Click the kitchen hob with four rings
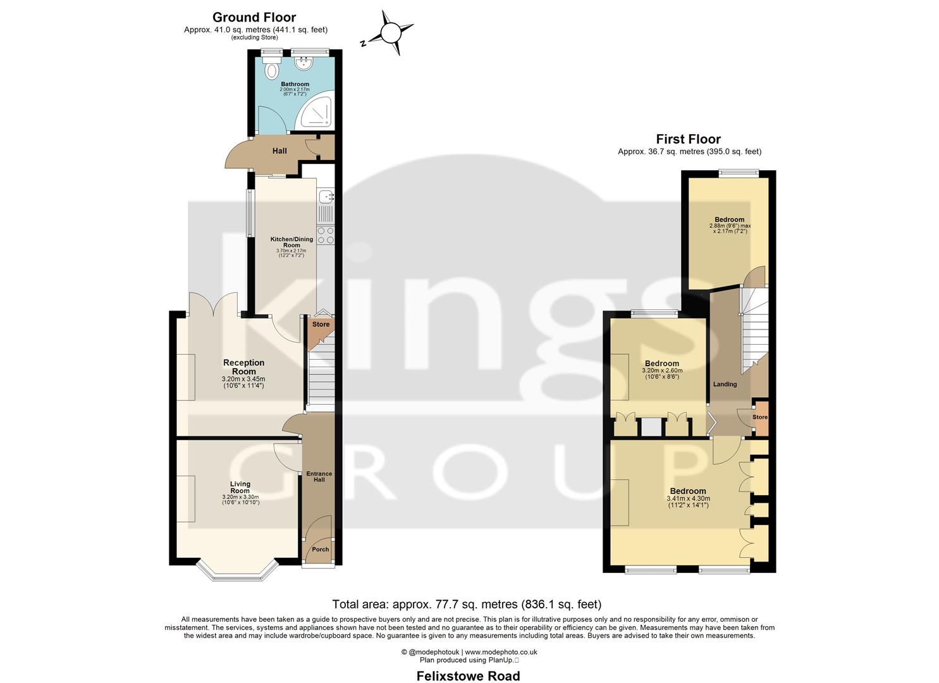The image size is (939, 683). tap(326, 235)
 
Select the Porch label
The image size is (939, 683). tap(321, 550)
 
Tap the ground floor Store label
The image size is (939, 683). tap(321, 324)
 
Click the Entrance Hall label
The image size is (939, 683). tap(319, 477)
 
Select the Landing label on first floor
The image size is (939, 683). tap(725, 385)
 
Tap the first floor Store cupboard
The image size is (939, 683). tap(760, 417)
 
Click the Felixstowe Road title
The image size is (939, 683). tap(468, 676)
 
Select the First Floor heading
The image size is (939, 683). tap(688, 139)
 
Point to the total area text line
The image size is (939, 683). tap(467, 605)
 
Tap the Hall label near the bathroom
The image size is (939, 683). tap(279, 151)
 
